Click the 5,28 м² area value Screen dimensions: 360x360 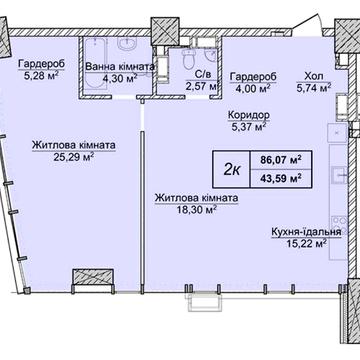41,76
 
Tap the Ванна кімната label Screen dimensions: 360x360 120,66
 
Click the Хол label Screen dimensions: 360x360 314,76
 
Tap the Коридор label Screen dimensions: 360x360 249,115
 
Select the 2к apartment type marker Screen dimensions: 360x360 232,170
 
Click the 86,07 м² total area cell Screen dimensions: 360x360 281,160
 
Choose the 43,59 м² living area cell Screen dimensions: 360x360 281,178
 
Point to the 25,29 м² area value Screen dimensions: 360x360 74,157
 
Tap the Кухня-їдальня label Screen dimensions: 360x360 306,232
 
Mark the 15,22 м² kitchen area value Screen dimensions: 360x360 306,244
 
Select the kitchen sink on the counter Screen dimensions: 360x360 340,174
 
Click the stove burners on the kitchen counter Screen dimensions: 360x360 340,224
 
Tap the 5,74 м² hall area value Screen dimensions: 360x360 314,88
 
